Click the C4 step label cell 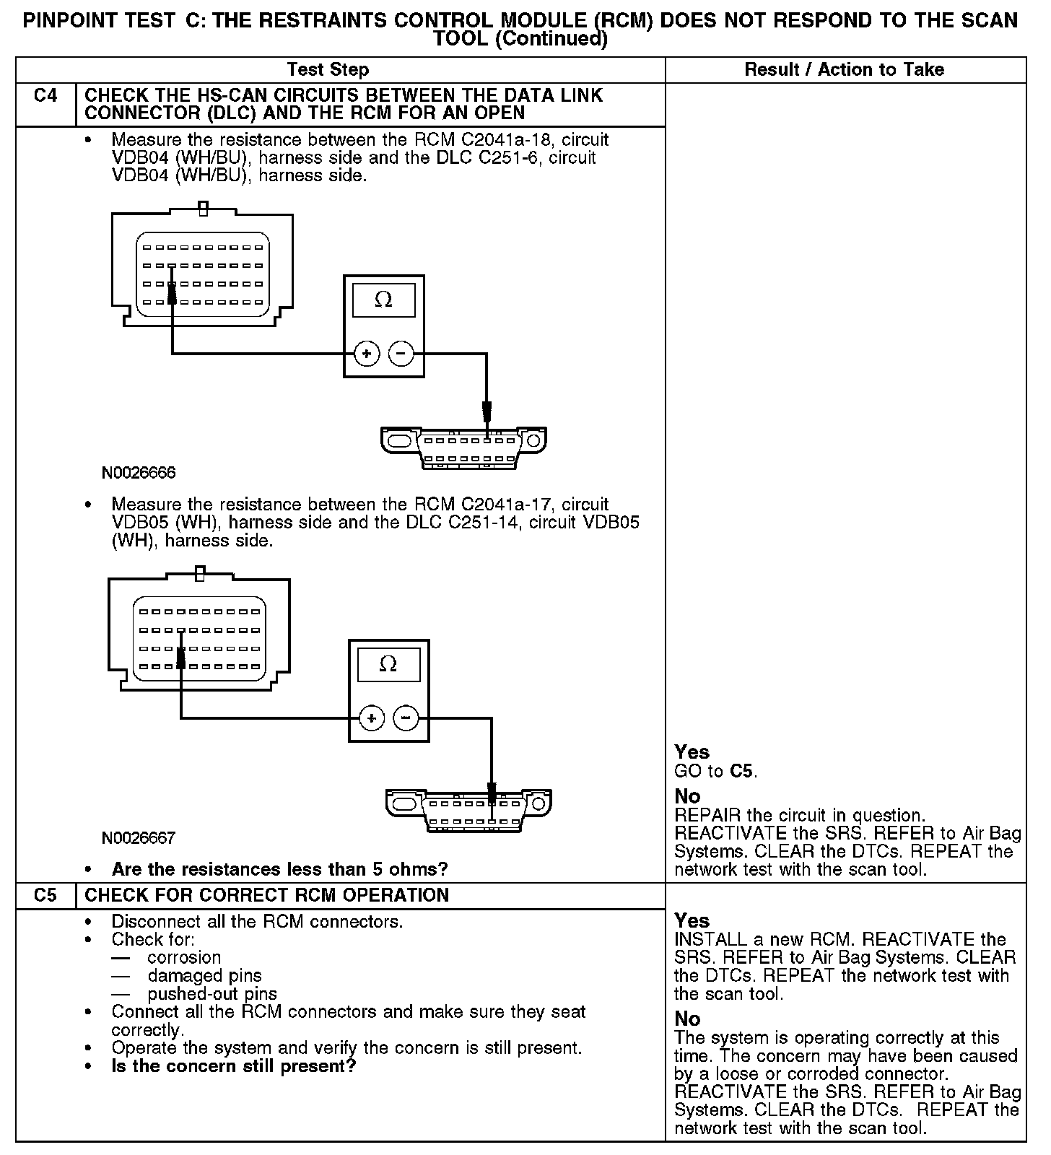[45, 96]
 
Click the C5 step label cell [45, 895]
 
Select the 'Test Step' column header [328, 70]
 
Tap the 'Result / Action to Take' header [844, 70]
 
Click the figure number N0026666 [139, 473]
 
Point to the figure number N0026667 [139, 837]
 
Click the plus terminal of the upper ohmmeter [367, 354]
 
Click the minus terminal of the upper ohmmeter [401, 354]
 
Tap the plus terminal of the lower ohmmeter [372, 718]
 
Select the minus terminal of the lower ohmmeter [406, 718]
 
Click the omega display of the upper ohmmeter [383, 300]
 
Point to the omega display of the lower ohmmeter [388, 665]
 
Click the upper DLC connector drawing [463, 448]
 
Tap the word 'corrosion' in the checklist [184, 958]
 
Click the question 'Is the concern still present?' [234, 1066]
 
